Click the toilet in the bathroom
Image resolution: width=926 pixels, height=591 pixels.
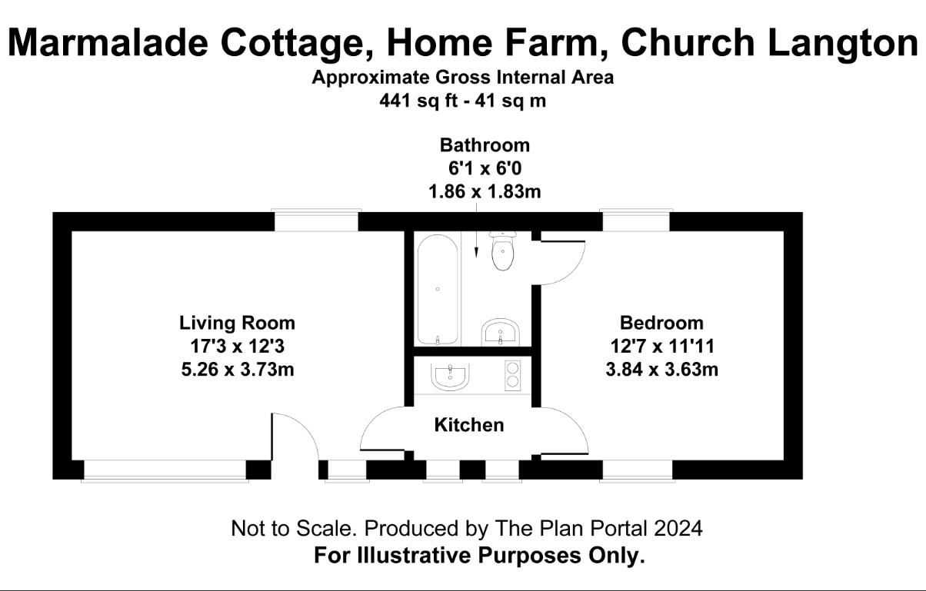[503, 251]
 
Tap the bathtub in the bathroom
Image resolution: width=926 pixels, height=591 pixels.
[438, 289]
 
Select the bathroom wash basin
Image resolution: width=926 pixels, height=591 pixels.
[500, 332]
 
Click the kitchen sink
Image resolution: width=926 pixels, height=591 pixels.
[450, 377]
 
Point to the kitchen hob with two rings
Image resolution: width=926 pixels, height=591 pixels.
[512, 375]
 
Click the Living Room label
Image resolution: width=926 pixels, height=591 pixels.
[238, 323]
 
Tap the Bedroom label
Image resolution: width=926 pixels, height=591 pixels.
[661, 323]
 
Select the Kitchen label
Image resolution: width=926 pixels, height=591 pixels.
[469, 425]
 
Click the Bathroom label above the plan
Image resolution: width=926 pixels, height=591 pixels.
[485, 145]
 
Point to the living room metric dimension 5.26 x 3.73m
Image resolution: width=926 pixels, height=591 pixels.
[238, 369]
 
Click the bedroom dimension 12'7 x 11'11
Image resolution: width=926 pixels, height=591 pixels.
[662, 346]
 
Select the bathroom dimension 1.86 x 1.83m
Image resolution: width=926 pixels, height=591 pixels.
[485, 191]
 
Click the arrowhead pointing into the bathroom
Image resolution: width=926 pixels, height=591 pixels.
[476, 252]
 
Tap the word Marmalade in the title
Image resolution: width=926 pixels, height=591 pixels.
[108, 43]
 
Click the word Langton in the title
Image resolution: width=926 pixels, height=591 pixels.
[843, 44]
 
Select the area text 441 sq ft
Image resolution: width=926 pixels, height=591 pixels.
[418, 101]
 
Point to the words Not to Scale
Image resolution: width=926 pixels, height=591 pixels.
[294, 528]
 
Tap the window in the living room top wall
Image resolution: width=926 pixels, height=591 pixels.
[316, 221]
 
